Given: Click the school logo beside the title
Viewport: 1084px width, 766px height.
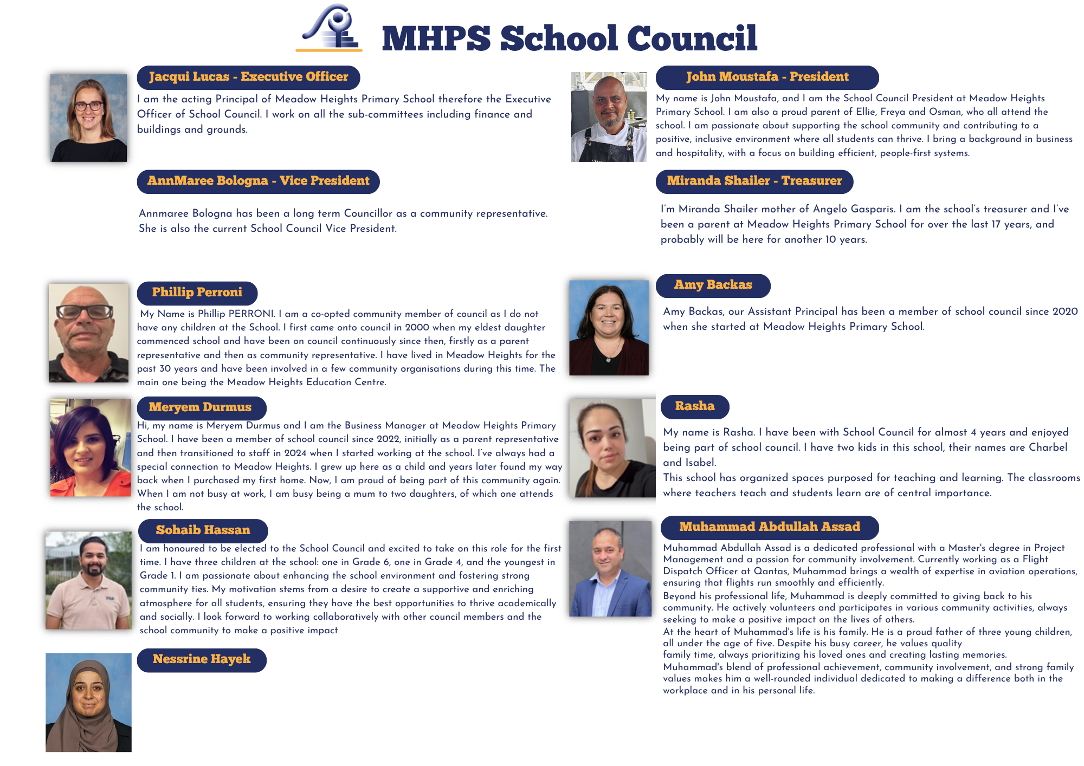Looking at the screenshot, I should coord(330,28).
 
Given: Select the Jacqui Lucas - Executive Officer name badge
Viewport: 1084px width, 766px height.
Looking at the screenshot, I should coord(248,77).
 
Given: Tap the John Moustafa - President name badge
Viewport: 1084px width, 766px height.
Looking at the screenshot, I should coord(767,77).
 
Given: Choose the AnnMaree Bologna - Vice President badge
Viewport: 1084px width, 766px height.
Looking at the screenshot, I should coord(258,181).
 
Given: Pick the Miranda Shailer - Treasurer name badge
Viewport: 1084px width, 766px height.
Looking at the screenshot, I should coord(754,181).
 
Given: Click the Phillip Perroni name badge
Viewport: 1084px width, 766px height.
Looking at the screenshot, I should coord(197,293).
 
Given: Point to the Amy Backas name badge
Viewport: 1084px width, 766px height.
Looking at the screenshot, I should coord(713,285).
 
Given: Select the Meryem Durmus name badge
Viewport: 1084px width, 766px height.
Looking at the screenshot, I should coord(201,407).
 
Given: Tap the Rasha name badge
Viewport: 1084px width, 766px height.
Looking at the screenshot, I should coord(694,406).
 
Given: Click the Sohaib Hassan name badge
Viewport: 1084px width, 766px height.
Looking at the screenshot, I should coord(203,530).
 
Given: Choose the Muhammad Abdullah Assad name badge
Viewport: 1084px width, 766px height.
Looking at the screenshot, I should coord(769,527).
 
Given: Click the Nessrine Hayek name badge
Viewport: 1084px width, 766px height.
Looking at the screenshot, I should coord(201,659).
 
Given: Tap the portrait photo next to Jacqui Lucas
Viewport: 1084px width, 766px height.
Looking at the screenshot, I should coord(89,118).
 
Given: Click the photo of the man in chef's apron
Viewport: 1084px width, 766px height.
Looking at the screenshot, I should coord(609,117).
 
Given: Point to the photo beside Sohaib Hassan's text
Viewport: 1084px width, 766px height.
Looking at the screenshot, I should coord(88,580).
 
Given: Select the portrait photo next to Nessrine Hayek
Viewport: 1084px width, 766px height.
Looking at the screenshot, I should coord(88,702).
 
